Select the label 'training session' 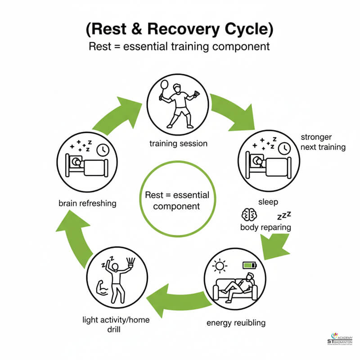[178, 144]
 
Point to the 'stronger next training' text [323, 142]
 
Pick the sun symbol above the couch [220, 265]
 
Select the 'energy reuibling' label [236, 323]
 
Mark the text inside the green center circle [177, 201]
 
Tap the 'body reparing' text [265, 227]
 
